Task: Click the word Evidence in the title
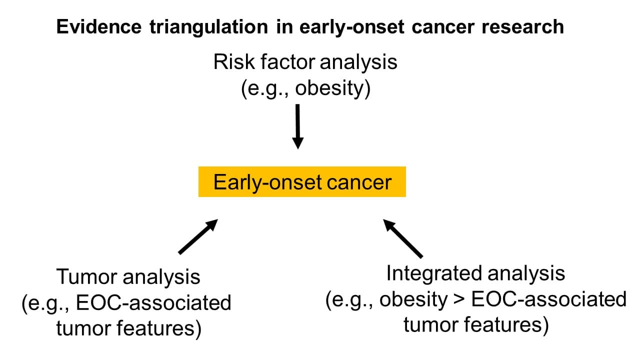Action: click(x=99, y=26)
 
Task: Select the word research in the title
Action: click(x=522, y=27)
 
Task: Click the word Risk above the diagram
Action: click(x=234, y=61)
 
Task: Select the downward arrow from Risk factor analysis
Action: click(x=297, y=126)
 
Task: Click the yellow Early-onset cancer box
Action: click(x=302, y=181)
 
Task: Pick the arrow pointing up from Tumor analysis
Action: click(x=198, y=236)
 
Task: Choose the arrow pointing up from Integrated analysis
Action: click(x=403, y=238)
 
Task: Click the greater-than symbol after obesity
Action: click(x=459, y=300)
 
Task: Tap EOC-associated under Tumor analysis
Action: click(x=153, y=303)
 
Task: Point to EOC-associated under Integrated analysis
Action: click(x=549, y=299)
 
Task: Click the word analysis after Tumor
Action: click(x=161, y=277)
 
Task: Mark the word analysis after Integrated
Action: click(x=526, y=274)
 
